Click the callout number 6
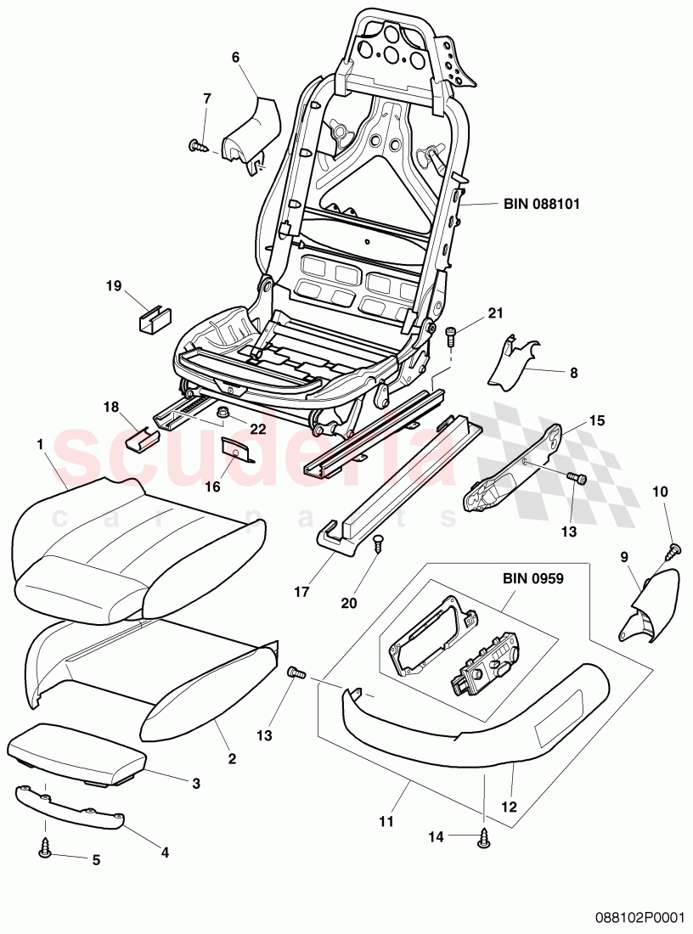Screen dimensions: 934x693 point(235,57)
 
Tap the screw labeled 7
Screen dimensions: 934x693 point(197,146)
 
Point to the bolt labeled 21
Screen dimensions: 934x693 point(450,334)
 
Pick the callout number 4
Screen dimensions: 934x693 point(165,852)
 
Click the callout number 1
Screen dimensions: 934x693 point(39,444)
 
